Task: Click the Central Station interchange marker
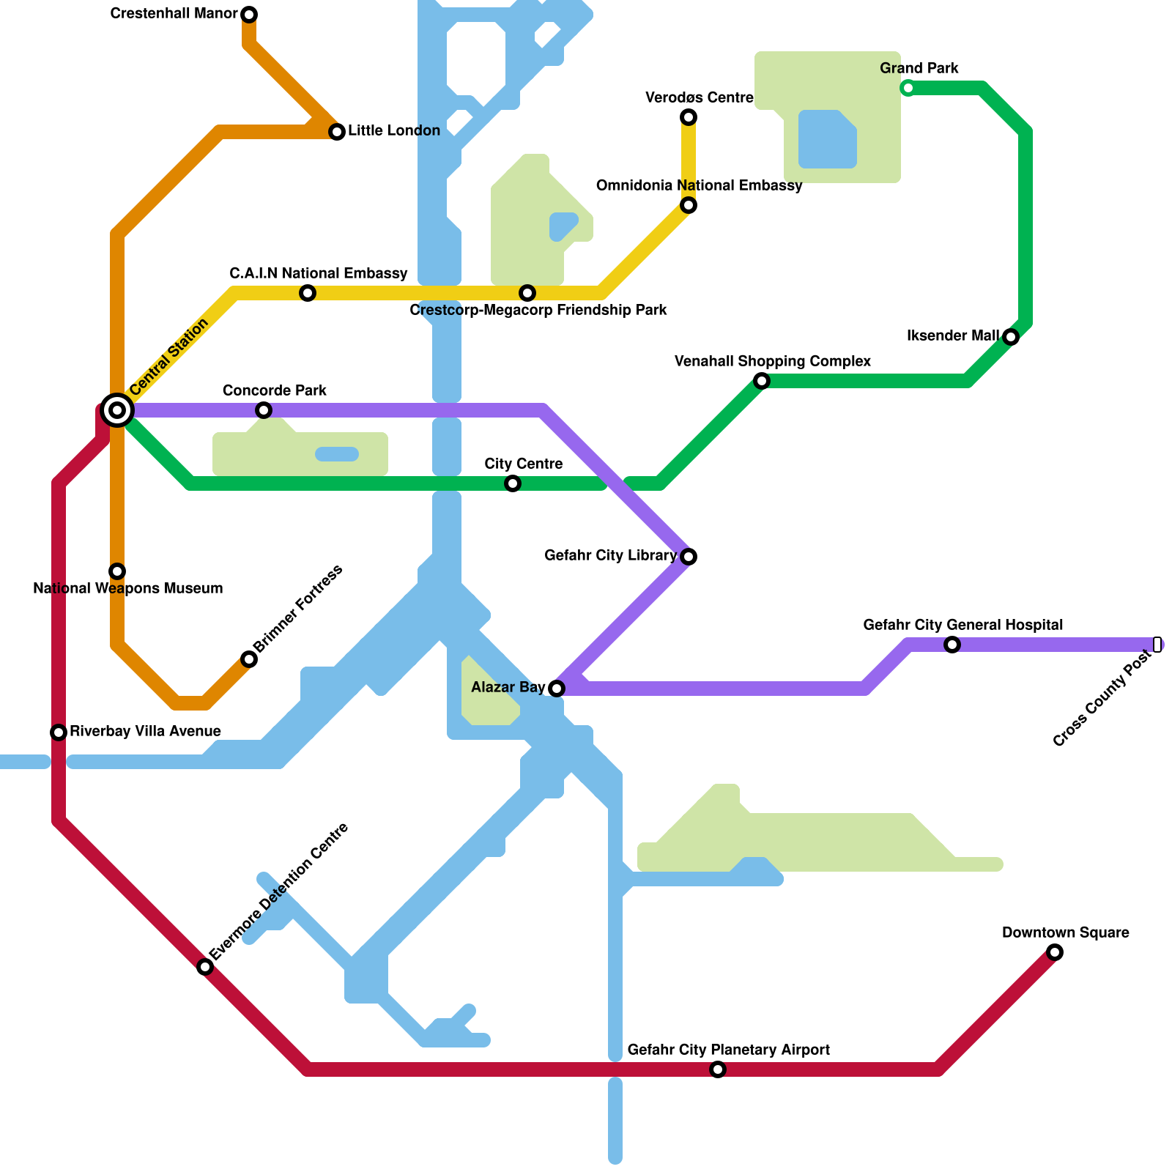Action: click(117, 410)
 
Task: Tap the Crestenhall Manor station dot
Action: click(249, 15)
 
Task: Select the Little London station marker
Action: click(337, 132)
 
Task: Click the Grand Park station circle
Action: click(908, 88)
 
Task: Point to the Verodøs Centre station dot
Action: click(689, 117)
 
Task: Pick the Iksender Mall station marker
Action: click(1011, 337)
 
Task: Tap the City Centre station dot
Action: click(513, 483)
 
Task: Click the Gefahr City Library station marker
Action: click(689, 557)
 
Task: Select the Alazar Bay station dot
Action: click(557, 689)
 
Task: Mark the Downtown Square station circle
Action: click(1055, 952)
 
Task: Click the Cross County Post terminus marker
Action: click(1157, 645)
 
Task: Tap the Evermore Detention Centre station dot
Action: click(205, 967)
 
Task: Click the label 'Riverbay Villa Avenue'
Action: click(145, 732)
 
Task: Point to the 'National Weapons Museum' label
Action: click(128, 588)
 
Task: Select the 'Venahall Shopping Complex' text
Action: click(772, 361)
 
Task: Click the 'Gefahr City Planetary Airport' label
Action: click(729, 1050)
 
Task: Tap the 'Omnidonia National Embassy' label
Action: click(699, 186)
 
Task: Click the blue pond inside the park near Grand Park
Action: click(827, 139)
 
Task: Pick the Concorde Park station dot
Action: click(264, 410)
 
